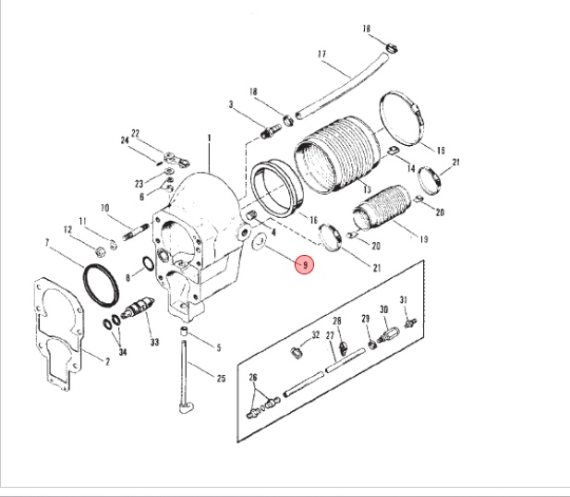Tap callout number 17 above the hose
(322, 55)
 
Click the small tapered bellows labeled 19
(389, 215)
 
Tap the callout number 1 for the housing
(210, 138)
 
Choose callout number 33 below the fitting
(154, 343)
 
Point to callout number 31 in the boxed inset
(403, 299)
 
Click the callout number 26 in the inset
(253, 378)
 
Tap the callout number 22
(134, 133)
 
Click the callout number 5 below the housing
(219, 347)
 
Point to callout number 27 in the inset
(329, 337)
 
